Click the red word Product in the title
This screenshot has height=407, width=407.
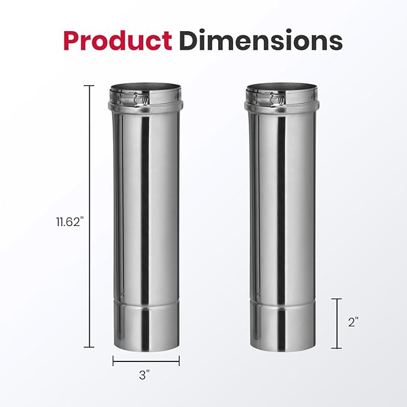(116, 40)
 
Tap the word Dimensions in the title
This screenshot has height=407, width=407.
(261, 40)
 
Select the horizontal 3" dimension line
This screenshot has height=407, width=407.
(146, 361)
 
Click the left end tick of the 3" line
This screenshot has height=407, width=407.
(113, 361)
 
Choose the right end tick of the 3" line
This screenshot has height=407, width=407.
(179, 361)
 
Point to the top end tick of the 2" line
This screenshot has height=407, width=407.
(336, 299)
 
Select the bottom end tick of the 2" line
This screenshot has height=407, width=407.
(336, 348)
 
